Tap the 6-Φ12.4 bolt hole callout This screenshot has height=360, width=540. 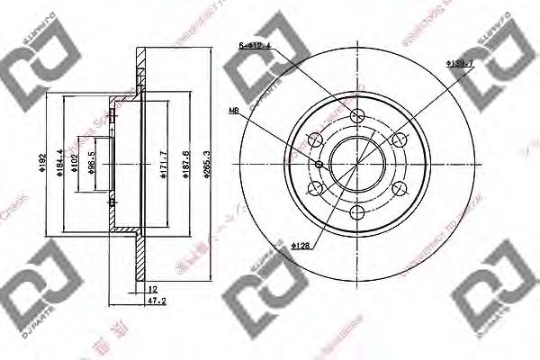pos(254,44)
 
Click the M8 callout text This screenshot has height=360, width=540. pos(234,112)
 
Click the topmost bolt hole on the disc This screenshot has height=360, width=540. pos(358,116)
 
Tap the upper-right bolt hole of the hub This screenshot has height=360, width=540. pos(400,139)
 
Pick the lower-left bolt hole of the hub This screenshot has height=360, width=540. pos(316,188)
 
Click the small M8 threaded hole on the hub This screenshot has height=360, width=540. pos(320,164)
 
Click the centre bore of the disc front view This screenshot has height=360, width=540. pos(357,164)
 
